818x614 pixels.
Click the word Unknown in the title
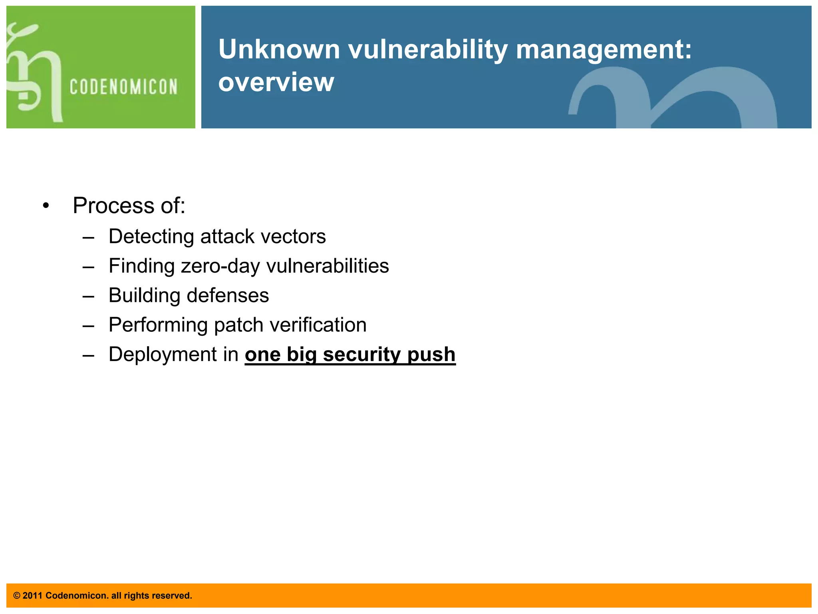(279, 50)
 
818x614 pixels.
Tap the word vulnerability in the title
(428, 50)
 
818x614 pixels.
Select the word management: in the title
(604, 50)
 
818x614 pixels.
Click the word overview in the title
(276, 82)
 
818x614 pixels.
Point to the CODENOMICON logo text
(123, 87)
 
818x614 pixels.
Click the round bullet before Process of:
(46, 206)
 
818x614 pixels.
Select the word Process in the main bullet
(113, 205)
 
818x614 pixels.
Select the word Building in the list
(144, 295)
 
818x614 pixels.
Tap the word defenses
(228, 295)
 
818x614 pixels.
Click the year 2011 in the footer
(32, 596)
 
